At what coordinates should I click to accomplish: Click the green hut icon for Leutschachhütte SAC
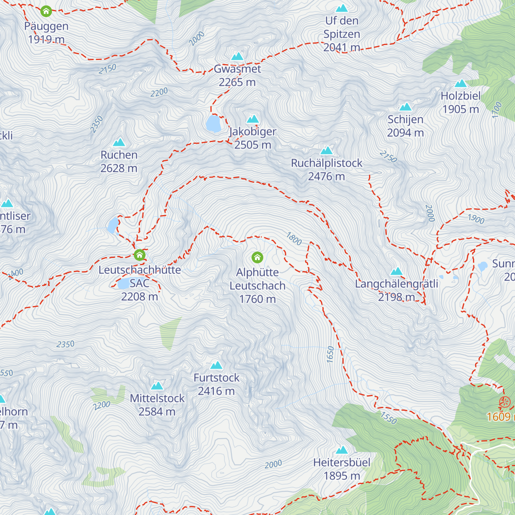139,255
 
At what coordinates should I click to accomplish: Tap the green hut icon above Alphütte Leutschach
257,257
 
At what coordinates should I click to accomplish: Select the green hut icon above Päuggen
46,11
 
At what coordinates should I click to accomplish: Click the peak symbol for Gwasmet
237,57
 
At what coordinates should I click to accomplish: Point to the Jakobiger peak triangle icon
253,119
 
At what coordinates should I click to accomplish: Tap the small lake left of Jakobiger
213,123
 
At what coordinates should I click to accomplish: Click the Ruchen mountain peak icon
119,142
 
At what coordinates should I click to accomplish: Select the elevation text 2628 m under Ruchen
119,168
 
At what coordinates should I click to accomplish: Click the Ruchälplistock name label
327,163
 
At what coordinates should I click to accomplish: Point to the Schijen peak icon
406,107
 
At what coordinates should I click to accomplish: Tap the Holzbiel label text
460,96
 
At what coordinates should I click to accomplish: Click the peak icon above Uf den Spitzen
342,9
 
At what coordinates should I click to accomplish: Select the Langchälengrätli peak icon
397,272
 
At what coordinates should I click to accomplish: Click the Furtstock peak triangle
216,366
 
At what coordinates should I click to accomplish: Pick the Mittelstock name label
157,398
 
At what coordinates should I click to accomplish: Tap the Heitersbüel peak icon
342,450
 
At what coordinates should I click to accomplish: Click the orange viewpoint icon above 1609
505,403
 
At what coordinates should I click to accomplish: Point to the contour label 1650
330,354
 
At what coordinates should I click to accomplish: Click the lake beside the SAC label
123,283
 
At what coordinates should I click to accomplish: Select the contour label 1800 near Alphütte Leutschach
294,239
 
